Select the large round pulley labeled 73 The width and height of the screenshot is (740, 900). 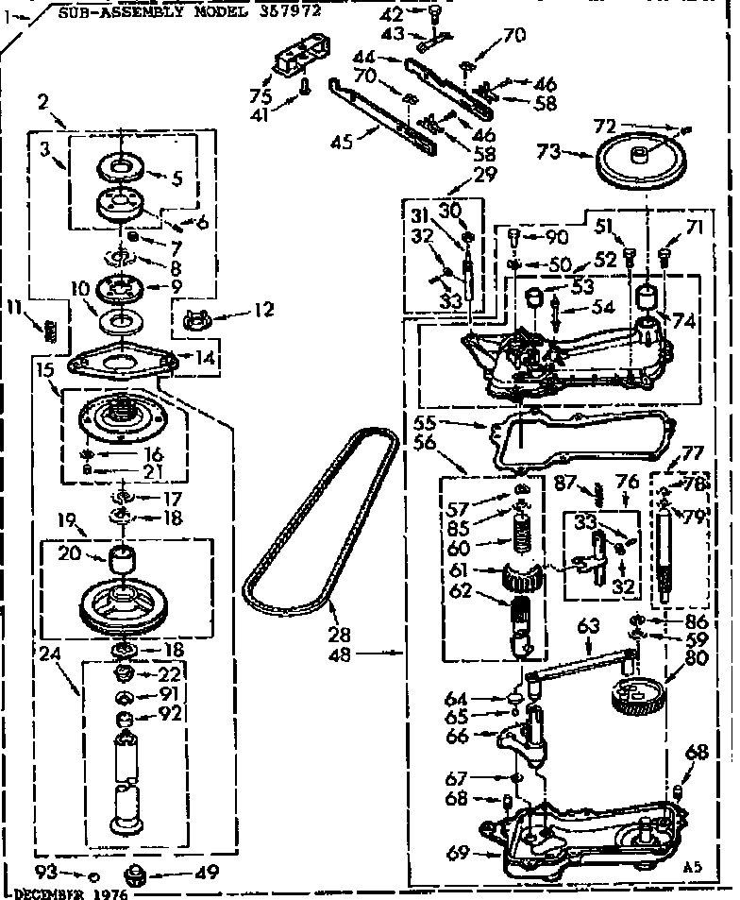point(643,164)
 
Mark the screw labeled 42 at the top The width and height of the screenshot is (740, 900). point(435,13)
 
